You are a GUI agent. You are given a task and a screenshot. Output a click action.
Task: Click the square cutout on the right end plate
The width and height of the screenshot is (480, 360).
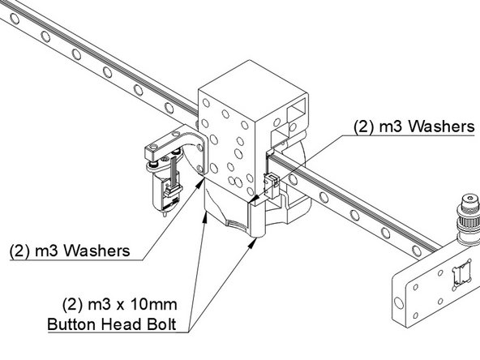click(x=461, y=273)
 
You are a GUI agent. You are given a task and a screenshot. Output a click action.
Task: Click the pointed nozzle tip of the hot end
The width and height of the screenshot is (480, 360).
click(x=165, y=215)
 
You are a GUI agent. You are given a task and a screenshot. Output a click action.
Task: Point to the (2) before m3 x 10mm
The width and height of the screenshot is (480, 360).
click(x=73, y=307)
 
